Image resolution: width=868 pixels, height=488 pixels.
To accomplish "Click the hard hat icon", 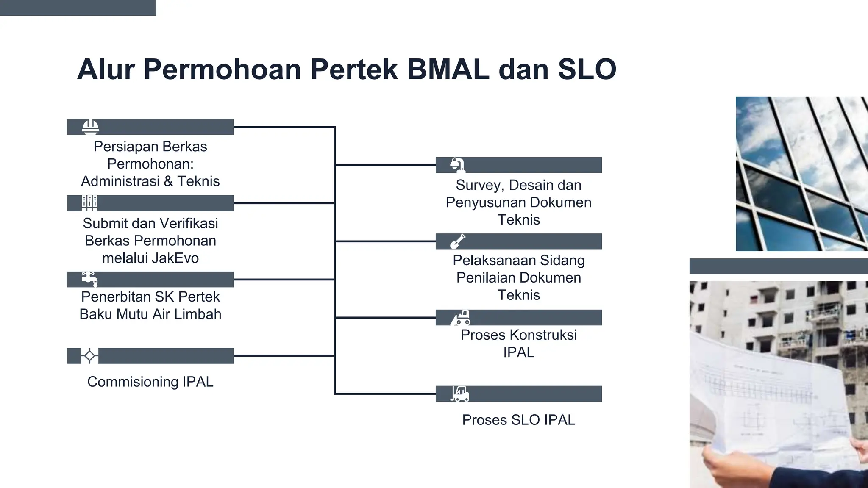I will tap(90, 127).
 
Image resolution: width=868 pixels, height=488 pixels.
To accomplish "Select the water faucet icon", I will tap(90, 279).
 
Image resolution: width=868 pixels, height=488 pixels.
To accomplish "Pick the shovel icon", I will tap(457, 241).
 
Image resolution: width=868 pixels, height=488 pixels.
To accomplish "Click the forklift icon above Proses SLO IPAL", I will tap(459, 394).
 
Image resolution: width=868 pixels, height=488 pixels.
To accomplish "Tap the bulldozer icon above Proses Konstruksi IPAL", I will tap(461, 318).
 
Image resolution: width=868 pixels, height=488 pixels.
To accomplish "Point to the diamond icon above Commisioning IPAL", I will tap(89, 356).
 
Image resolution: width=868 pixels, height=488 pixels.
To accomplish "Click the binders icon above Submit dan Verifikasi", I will tap(89, 203).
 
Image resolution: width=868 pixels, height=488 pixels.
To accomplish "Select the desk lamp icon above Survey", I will tap(458, 165).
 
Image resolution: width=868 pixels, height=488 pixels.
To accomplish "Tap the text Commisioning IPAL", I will tap(150, 382).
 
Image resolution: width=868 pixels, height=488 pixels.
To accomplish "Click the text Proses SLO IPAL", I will tap(518, 420).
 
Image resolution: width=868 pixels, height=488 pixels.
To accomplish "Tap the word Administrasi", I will tap(120, 181).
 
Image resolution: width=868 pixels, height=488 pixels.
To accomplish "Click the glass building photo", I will tap(801, 174).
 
